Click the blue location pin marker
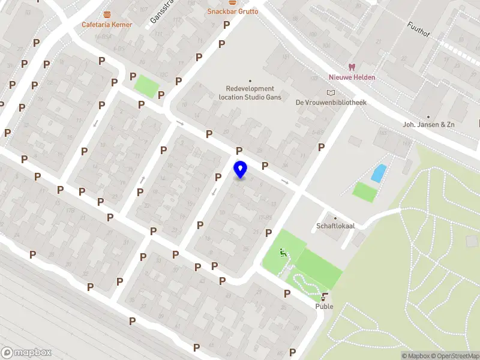coord(240,170)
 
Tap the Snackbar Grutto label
coord(233,11)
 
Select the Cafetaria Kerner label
coord(107,25)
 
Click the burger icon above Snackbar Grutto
coord(232,2)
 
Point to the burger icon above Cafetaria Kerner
coord(107,14)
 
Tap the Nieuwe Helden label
coord(352,77)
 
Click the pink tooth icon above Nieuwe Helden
coord(352,67)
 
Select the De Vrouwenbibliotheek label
coord(331,103)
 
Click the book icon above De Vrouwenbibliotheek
coord(330,92)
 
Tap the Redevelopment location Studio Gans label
coord(250,93)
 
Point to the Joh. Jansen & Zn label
coord(428,125)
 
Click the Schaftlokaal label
coord(335,226)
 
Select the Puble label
coord(325,307)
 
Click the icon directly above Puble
coord(325,296)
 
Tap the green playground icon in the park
coord(283,253)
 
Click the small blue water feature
coord(379,173)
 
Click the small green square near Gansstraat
coord(145,86)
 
